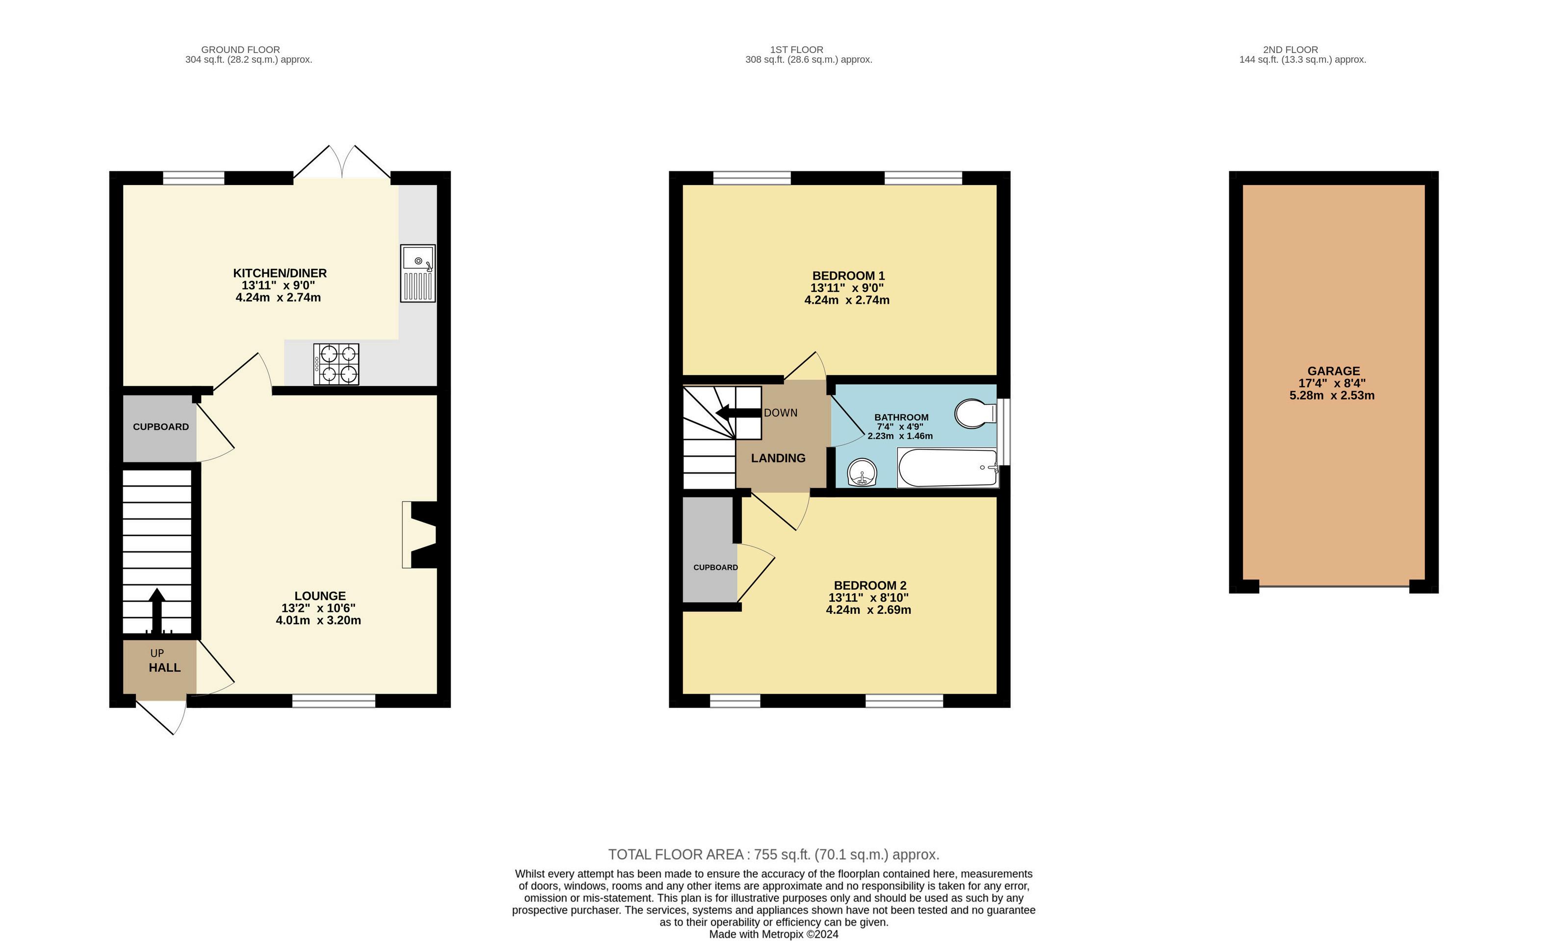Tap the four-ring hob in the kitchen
tap(336, 364)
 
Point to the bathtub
tap(947, 468)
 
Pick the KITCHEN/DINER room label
tap(279, 273)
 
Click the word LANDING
tap(778, 458)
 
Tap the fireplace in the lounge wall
tap(420, 534)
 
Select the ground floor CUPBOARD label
tap(161, 427)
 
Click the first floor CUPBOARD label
tap(715, 568)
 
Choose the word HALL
tap(165, 668)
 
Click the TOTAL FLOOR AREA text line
tap(773, 855)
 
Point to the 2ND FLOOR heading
tap(1291, 50)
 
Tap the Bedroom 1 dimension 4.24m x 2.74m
tap(847, 300)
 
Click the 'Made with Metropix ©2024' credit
tap(773, 934)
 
